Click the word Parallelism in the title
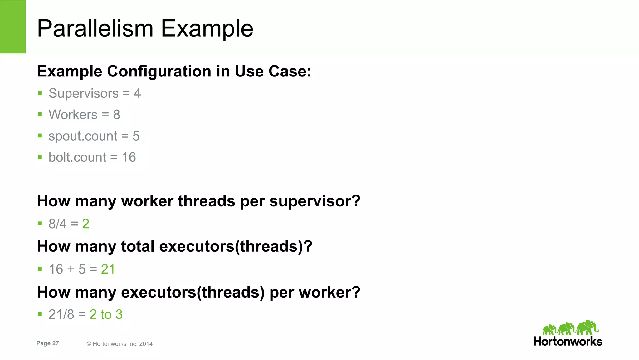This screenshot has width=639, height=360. click(x=95, y=29)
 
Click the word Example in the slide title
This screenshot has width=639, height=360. click(x=207, y=29)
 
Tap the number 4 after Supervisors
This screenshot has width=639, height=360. click(x=137, y=93)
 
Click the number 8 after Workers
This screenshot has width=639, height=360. click(x=116, y=115)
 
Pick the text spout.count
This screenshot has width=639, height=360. click(x=83, y=136)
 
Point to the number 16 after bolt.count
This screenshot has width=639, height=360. click(x=129, y=157)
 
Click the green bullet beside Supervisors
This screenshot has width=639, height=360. click(x=40, y=93)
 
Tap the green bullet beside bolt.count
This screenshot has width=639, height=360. click(x=40, y=157)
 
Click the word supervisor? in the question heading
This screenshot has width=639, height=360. click(x=315, y=201)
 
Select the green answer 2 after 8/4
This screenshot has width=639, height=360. click(x=86, y=224)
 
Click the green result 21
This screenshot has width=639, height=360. click(x=108, y=269)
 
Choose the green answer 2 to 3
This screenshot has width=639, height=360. click(x=106, y=314)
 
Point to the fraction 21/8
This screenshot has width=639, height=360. click(x=61, y=314)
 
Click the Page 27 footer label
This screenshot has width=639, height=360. click(x=47, y=343)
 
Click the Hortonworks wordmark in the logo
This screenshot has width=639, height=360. click(x=568, y=341)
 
